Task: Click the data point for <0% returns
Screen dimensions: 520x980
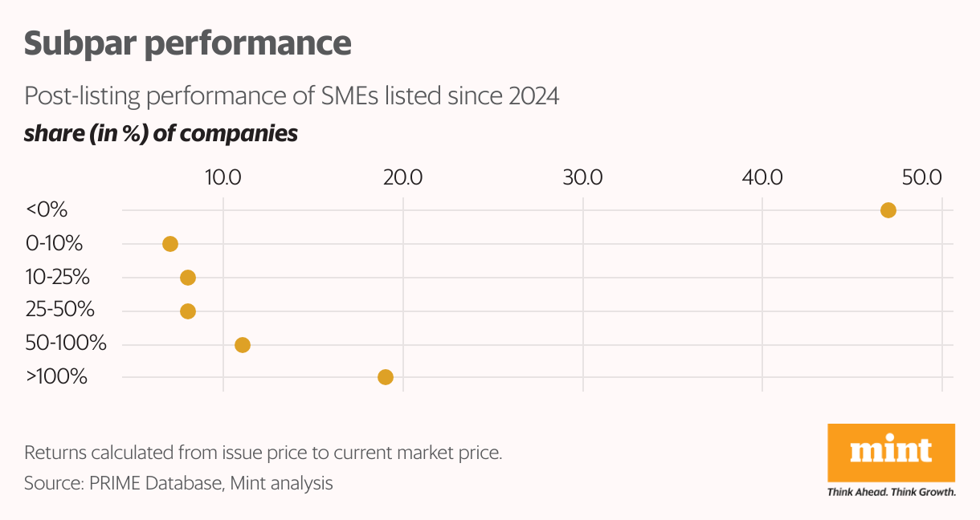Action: pos(888,210)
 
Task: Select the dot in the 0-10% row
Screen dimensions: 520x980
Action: pos(169,244)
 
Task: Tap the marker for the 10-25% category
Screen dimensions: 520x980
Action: pos(188,278)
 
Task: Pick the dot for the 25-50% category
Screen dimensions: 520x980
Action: pos(188,311)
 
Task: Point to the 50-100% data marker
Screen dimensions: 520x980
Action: pos(242,345)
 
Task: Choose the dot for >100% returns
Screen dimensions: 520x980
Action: pos(386,377)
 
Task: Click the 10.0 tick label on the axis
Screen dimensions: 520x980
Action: pos(223,178)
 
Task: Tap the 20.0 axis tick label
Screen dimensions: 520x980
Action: pos(403,178)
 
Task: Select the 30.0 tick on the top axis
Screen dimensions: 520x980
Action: pos(583,178)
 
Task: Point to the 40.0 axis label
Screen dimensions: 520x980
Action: pos(762,178)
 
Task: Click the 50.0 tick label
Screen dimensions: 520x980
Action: pos(921,178)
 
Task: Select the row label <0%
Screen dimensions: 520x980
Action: pos(47,210)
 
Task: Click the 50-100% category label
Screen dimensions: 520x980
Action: pos(66,344)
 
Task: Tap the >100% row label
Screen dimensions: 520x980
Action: pos(56,376)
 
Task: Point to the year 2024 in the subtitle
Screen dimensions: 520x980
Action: pos(533,96)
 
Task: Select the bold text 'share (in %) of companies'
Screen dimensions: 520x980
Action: pos(161,133)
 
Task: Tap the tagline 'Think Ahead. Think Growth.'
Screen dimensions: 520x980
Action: pos(891,492)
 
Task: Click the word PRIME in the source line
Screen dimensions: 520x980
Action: pos(112,484)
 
